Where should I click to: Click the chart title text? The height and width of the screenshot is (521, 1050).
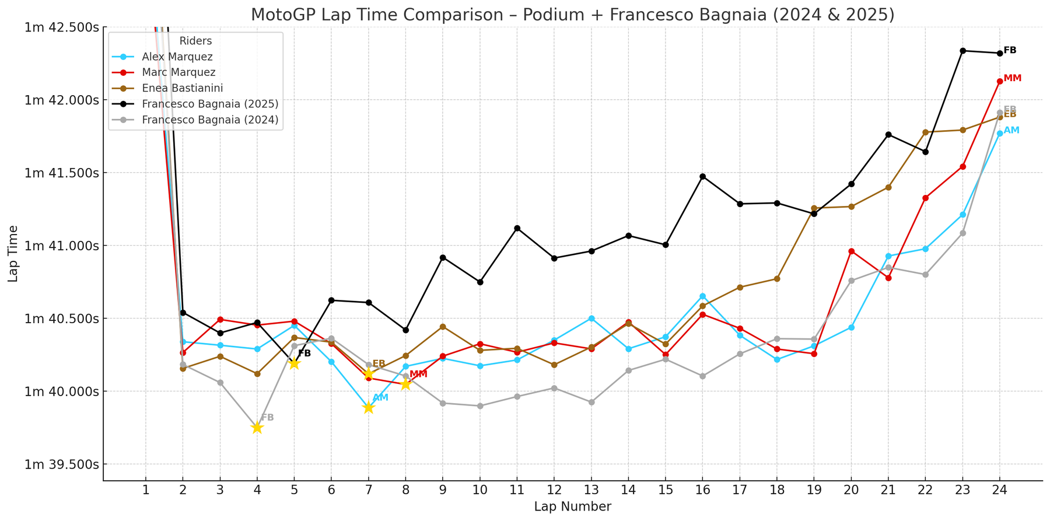coord(572,14)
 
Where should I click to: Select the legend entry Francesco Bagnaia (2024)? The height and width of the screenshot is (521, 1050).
coord(210,120)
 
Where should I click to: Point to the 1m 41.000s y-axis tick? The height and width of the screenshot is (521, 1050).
coord(61,246)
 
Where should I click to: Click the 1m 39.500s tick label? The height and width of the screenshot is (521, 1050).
coord(61,464)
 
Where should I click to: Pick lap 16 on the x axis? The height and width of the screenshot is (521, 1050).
coord(702,490)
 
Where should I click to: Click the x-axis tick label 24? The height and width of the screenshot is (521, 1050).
coord(999,490)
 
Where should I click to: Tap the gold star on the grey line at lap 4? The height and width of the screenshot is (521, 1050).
coord(257,428)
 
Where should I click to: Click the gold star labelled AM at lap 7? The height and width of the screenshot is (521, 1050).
coord(368,407)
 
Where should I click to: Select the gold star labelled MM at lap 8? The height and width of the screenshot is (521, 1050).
coord(405,384)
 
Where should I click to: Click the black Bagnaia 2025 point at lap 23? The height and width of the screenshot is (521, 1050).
coord(963,51)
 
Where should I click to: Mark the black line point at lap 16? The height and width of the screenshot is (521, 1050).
coord(702,176)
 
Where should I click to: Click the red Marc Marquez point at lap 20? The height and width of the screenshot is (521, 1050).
coord(851,251)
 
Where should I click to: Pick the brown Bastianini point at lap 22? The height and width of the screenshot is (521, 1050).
coord(925,132)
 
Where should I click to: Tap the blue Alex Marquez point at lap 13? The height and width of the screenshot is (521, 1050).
coord(591,319)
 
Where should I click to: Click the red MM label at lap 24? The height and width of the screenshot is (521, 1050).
coord(1012,78)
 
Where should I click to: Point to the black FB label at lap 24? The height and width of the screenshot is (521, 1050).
coord(1010,50)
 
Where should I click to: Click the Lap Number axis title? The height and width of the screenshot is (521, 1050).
coord(572,506)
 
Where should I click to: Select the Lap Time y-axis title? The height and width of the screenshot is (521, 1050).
coord(13,254)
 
